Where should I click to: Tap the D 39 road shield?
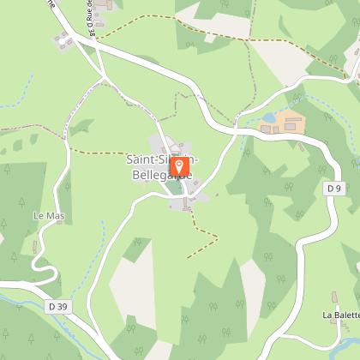[x=57, y=306]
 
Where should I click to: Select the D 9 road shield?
[x=333, y=187]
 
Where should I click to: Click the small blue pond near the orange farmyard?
[x=268, y=117]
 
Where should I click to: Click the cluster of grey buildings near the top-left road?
[x=62, y=39]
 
